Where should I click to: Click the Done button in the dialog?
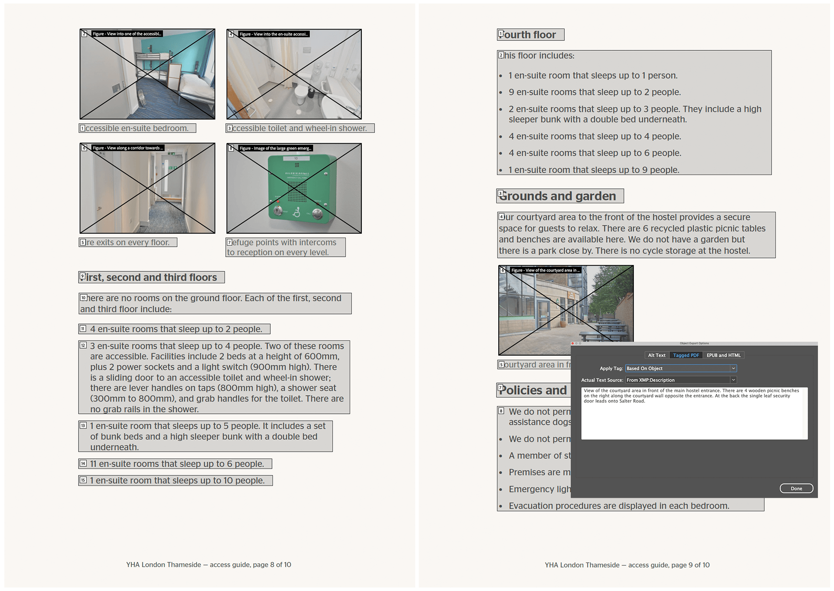[796, 489]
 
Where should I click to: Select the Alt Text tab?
[656, 355]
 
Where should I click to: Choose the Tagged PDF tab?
[686, 355]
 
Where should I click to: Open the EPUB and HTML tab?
[723, 355]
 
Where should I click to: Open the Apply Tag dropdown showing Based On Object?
[681, 368]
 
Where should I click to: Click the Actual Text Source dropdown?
[681, 380]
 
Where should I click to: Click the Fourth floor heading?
[530, 35]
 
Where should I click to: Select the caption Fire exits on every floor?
[128, 242]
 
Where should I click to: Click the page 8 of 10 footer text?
[208, 565]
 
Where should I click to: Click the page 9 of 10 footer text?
[627, 565]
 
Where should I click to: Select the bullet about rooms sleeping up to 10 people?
[177, 481]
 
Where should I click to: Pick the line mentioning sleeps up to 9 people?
[594, 170]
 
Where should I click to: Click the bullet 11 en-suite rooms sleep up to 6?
[177, 464]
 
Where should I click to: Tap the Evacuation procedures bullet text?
[619, 506]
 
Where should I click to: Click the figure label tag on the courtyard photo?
[545, 270]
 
